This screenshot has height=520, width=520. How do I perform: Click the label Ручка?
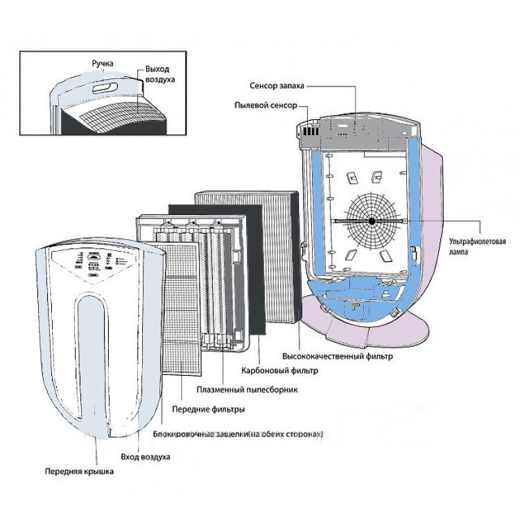(x=103, y=64)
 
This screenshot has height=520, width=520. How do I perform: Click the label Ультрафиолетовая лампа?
(x=483, y=247)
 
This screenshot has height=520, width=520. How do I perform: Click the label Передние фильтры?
(x=211, y=410)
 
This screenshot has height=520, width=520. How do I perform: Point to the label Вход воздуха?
(x=145, y=458)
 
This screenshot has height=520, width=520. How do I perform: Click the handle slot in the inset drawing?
(x=106, y=88)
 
